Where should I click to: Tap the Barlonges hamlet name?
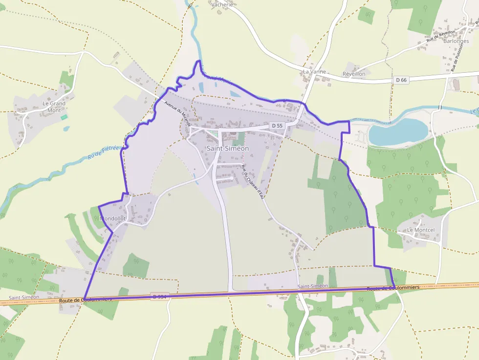click(456, 41)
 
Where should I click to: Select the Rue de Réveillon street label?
click(441, 35)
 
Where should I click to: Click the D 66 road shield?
click(401, 80)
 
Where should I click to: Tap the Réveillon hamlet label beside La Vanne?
click(354, 74)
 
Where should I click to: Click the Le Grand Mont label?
click(54, 106)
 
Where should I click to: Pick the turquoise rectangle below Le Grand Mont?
click(64, 117)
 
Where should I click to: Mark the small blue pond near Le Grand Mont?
click(65, 129)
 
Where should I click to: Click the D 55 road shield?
click(276, 126)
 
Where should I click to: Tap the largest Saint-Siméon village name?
click(227, 148)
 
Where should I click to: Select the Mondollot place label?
click(113, 218)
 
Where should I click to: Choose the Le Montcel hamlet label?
click(421, 230)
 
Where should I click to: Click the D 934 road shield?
click(160, 296)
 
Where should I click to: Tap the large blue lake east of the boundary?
click(398, 131)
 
